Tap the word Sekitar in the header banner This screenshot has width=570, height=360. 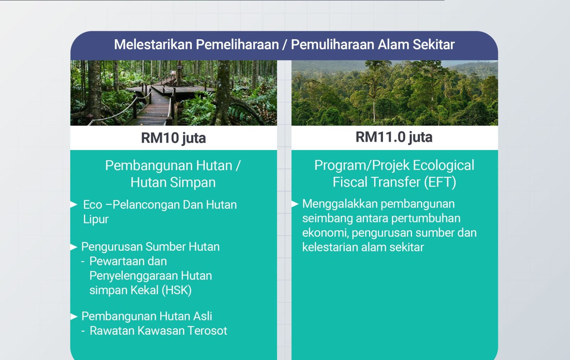click(433, 45)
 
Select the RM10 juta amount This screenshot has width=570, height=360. click(173, 138)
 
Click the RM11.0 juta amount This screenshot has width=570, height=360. click(394, 137)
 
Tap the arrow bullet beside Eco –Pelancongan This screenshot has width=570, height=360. click(74, 204)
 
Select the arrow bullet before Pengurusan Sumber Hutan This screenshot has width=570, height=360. click(74, 247)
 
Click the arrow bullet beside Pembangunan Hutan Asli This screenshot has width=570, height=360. click(74, 316)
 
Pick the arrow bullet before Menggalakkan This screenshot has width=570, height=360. click(295, 204)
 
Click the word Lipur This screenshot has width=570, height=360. click(96, 220)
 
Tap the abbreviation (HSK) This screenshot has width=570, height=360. click(177, 290)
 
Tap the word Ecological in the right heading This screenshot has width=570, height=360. click(444, 166)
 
